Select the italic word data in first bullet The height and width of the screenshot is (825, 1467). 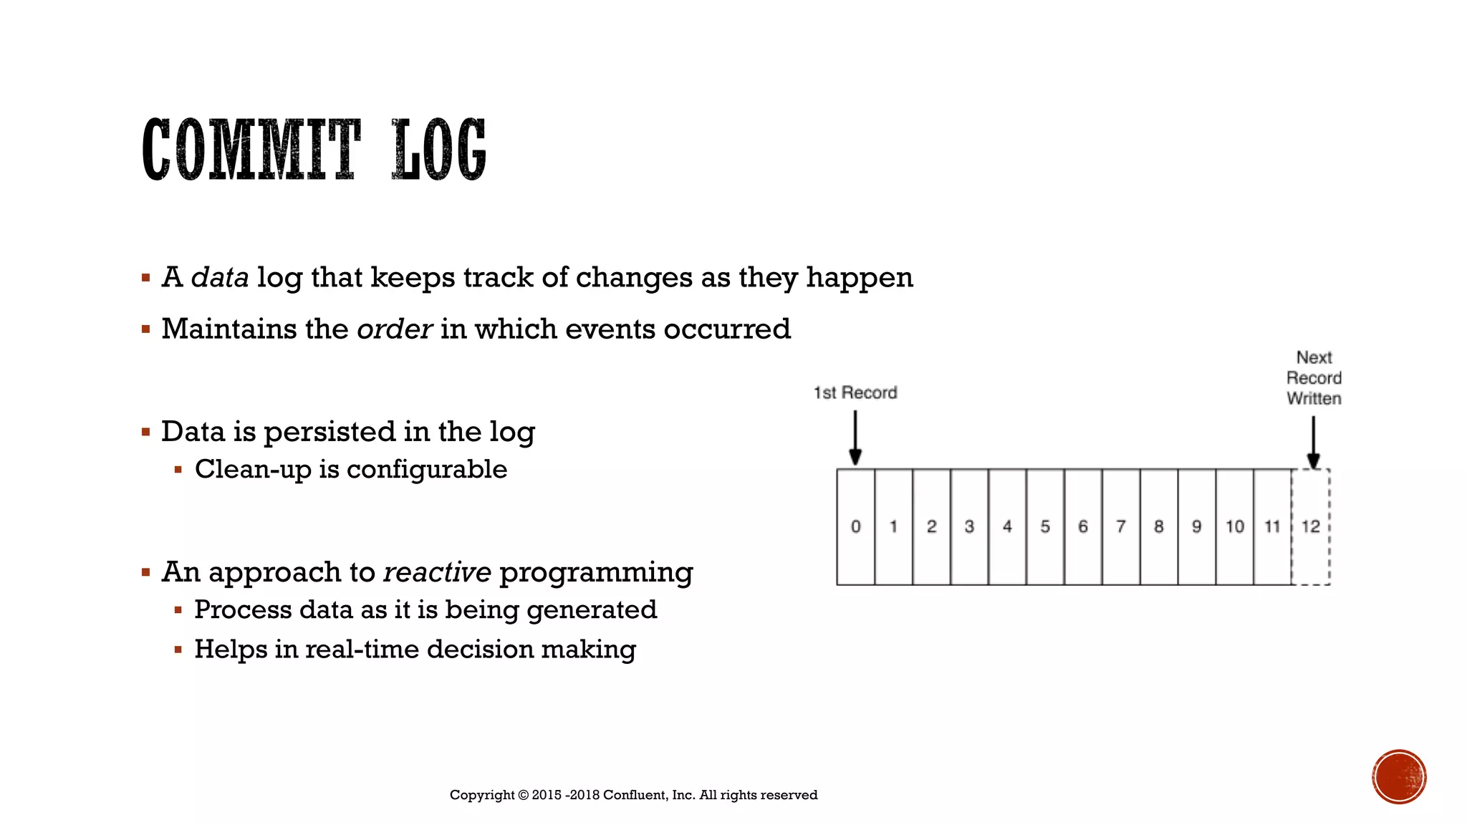[x=220, y=277]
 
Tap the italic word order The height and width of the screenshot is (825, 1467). [x=394, y=329]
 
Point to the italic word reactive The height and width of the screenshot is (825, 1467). [x=437, y=572]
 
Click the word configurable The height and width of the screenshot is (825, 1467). [x=427, y=470]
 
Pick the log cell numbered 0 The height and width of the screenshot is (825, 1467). [x=855, y=527]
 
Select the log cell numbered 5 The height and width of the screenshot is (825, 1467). [x=1045, y=527]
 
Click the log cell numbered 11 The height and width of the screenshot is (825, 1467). [x=1272, y=527]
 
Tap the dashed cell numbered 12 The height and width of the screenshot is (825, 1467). [x=1311, y=527]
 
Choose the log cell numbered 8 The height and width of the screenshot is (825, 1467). [x=1159, y=527]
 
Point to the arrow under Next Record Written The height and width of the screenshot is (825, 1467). [x=1313, y=442]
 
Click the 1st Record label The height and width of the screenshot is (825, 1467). [x=855, y=392]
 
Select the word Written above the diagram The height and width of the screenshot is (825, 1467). [x=1314, y=399]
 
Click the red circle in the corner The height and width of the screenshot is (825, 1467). [x=1399, y=777]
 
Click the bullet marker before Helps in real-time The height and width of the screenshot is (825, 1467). [x=178, y=650]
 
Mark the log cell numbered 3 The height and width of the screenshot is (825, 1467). [x=969, y=527]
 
